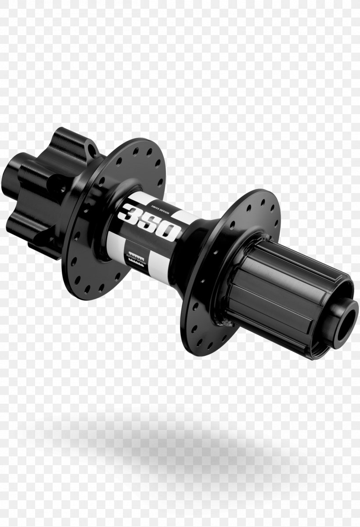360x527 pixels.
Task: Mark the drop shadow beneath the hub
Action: [x=176, y=443]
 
